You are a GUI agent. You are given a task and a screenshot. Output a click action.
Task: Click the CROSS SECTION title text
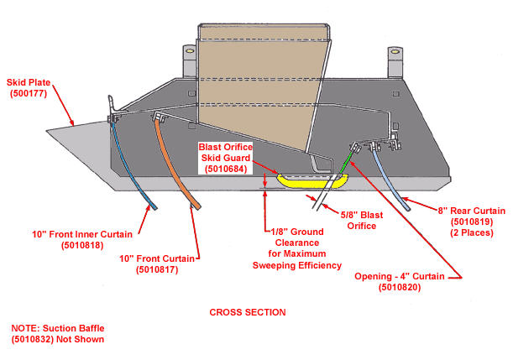pos(247,312)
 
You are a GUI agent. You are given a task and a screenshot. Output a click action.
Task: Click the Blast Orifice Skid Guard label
pos(225,157)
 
